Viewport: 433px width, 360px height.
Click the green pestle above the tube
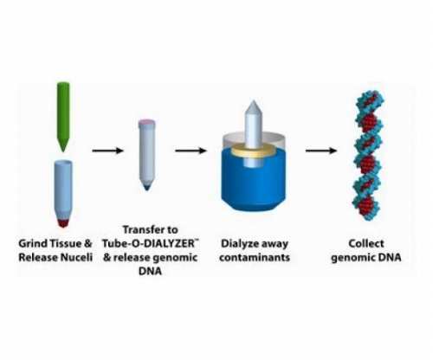coord(63,115)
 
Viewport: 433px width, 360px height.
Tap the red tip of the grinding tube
coord(63,223)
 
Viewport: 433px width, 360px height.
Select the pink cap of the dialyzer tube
coord(147,124)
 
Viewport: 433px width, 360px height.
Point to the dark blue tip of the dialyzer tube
coord(147,186)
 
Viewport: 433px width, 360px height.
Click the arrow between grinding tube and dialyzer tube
coord(108,151)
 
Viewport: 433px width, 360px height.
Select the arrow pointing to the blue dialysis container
coord(191,151)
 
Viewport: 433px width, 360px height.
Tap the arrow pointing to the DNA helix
coord(321,151)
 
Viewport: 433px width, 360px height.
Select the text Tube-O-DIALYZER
coord(150,243)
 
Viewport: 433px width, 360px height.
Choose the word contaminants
coord(255,257)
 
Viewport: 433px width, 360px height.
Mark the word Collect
coord(366,243)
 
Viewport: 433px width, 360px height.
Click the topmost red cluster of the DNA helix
coord(370,99)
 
